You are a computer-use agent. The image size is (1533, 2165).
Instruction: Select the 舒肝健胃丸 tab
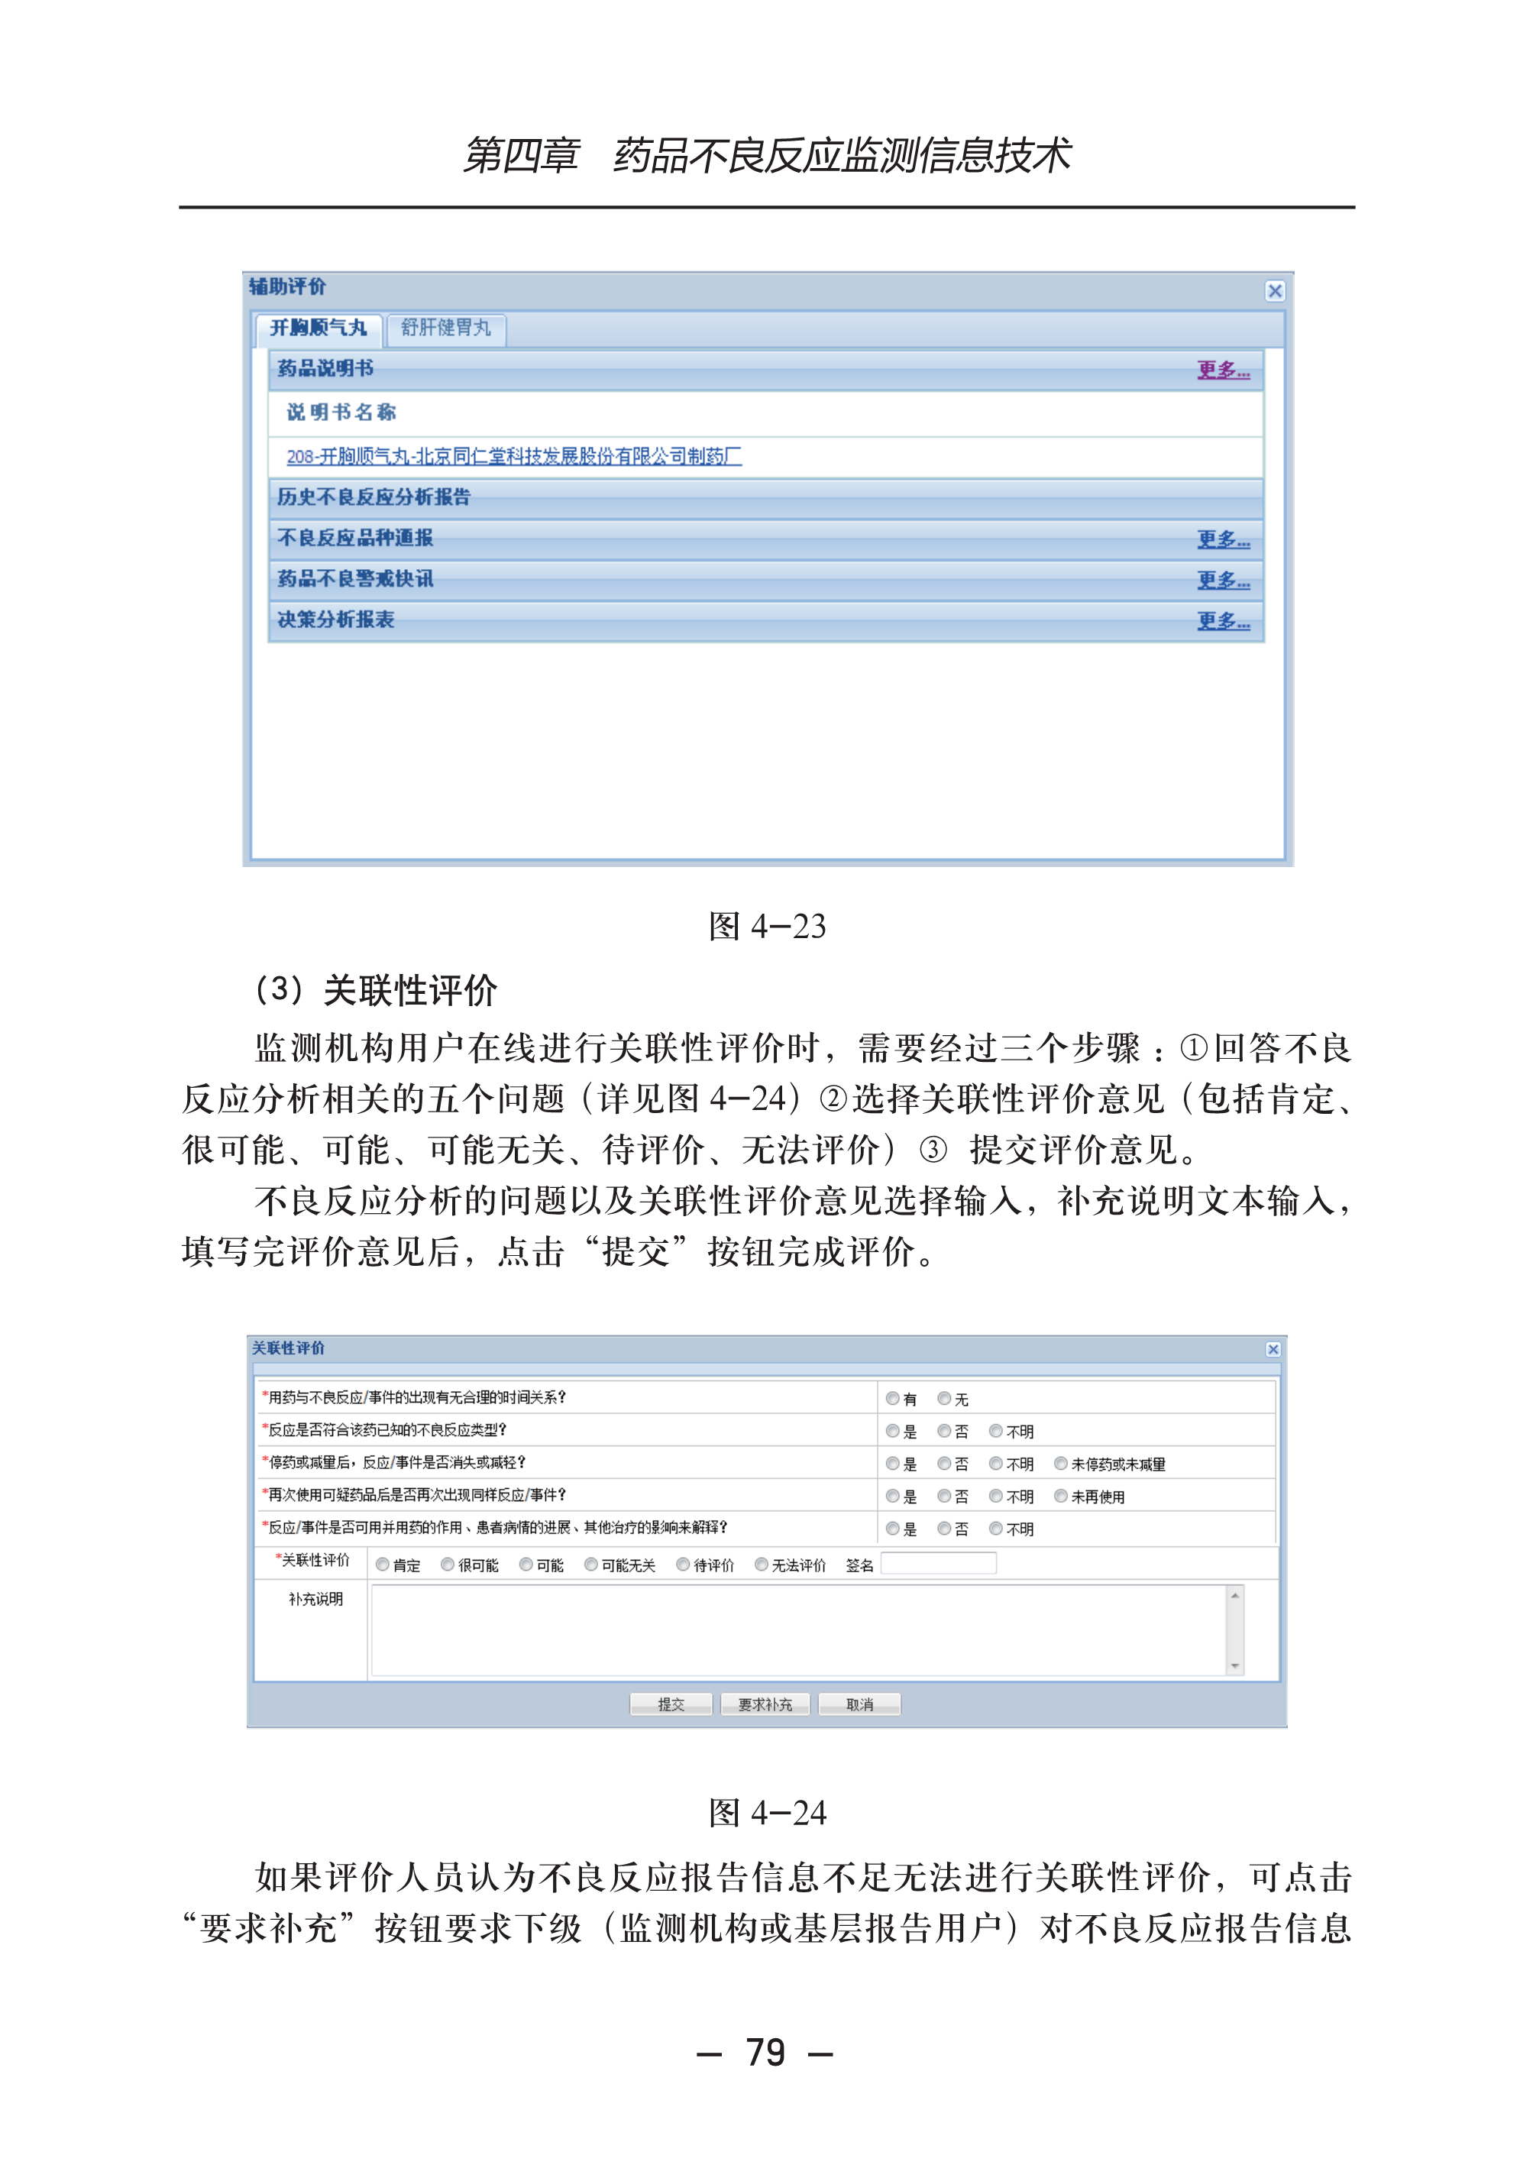(x=445, y=328)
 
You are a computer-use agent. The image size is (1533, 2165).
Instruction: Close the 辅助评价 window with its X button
(x=1274, y=291)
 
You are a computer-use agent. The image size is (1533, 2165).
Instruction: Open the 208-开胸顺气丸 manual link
(x=513, y=457)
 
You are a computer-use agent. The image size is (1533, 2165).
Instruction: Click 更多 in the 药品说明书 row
(x=1224, y=370)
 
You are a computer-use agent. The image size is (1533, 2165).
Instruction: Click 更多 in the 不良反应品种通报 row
(x=1224, y=539)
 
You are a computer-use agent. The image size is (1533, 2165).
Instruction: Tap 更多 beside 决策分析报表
(x=1224, y=620)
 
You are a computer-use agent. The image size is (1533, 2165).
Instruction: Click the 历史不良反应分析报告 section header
(x=374, y=497)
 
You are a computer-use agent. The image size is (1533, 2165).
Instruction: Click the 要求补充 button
(x=765, y=1704)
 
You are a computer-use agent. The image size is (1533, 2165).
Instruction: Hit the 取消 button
(x=859, y=1704)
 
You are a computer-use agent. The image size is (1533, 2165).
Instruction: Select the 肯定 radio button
(x=383, y=1565)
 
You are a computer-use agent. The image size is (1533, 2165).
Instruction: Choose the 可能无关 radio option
(x=591, y=1565)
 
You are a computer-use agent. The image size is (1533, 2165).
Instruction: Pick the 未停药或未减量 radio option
(x=1061, y=1464)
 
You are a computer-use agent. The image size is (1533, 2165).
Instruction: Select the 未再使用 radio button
(x=1061, y=1496)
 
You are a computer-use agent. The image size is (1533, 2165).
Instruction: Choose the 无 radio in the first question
(x=944, y=1398)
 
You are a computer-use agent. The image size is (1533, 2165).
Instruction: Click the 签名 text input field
(x=937, y=1565)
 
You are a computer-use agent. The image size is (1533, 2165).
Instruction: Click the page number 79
(x=765, y=2053)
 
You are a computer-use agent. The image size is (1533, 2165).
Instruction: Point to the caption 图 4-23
(x=767, y=926)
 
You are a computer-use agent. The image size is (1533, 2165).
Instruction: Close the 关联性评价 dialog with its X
(x=1273, y=1349)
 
